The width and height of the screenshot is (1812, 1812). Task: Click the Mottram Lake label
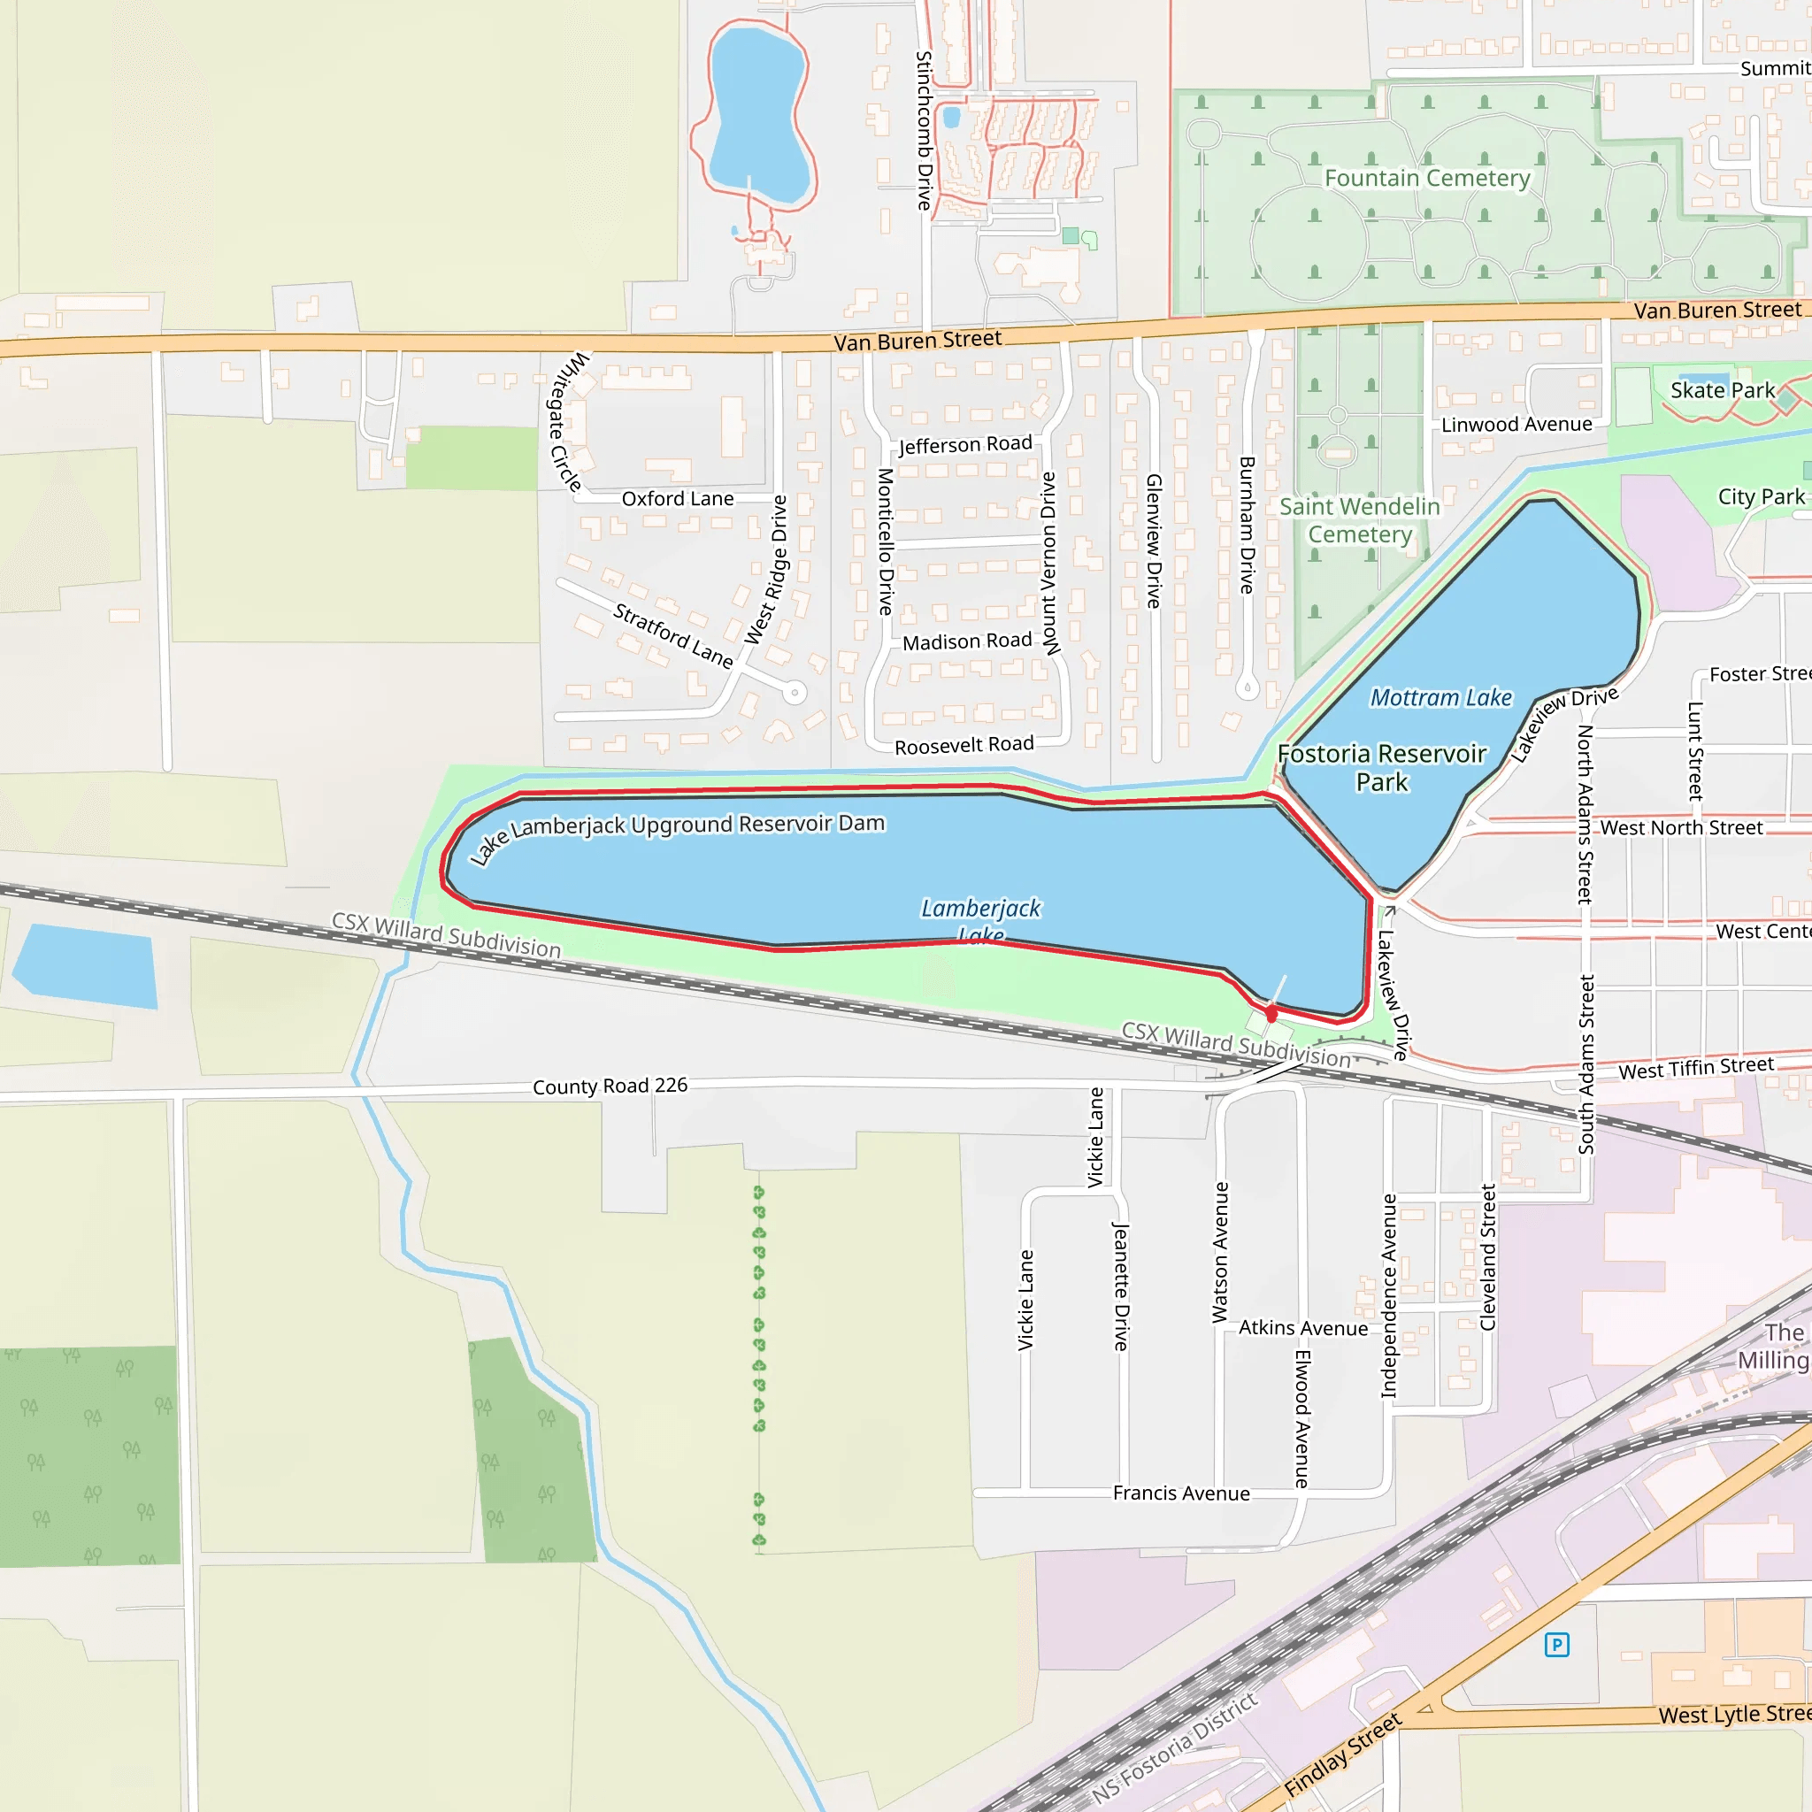1440,698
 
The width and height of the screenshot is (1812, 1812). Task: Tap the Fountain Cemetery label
1426,178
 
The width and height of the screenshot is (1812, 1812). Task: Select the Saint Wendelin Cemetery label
1359,520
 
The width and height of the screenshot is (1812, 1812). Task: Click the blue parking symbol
1556,1644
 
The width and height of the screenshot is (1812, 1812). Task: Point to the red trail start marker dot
1271,1014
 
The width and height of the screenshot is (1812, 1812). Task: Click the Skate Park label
1722,390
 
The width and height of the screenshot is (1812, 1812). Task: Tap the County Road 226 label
610,1086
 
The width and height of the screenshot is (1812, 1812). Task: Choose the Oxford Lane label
677,499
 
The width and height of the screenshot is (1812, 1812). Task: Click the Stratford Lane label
672,636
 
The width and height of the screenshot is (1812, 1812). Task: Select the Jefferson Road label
965,444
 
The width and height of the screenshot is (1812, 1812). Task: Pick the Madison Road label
967,641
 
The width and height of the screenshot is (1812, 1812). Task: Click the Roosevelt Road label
964,746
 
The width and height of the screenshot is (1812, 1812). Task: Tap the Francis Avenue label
1181,1493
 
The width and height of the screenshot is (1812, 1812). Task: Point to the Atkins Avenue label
1302,1328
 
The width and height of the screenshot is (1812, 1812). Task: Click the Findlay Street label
1342,1754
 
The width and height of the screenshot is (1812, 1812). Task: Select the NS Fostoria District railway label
1174,1749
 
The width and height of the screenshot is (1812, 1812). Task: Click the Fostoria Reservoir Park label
1381,768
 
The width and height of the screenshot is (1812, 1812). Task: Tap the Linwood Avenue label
1516,425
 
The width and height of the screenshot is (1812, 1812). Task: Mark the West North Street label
1681,828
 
